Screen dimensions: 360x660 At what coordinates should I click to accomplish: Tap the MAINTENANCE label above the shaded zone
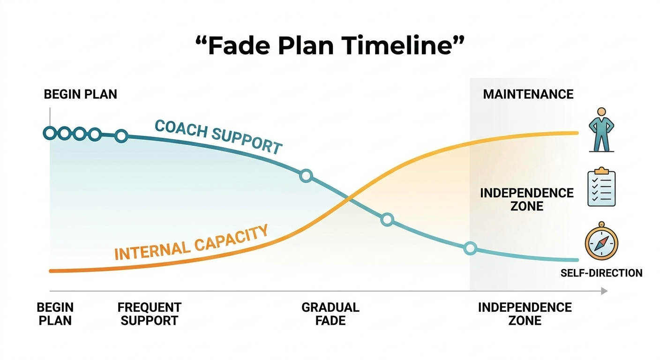[528, 94]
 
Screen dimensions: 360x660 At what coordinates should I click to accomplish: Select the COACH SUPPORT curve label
[218, 135]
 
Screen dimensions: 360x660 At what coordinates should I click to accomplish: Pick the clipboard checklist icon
[601, 187]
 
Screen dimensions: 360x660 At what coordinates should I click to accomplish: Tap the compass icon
[601, 242]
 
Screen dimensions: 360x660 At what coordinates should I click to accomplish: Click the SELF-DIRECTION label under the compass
[601, 273]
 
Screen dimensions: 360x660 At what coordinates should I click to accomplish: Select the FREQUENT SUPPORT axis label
[149, 314]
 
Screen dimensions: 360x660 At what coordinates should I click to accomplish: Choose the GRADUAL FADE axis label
[330, 314]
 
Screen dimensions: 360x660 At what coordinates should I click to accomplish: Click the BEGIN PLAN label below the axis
[55, 314]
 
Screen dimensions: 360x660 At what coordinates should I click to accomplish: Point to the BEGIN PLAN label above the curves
[80, 94]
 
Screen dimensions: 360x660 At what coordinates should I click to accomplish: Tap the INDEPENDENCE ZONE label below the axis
[525, 314]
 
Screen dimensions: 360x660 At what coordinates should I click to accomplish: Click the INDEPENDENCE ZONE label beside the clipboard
[527, 199]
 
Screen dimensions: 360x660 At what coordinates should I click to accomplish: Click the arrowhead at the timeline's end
[604, 291]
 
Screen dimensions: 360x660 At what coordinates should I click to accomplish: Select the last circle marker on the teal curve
[470, 248]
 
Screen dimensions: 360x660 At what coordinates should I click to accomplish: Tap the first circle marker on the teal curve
[49, 133]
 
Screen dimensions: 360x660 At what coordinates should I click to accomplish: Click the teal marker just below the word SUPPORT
[306, 176]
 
